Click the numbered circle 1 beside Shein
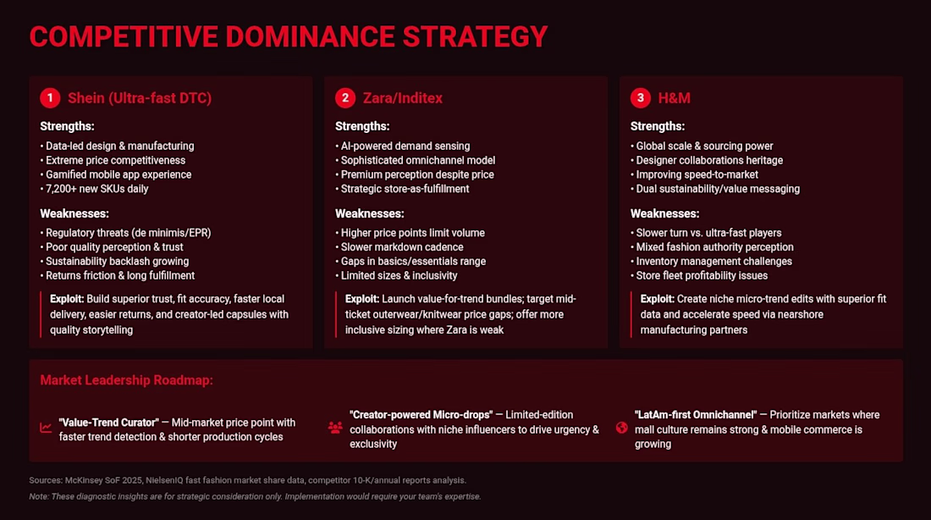tap(50, 98)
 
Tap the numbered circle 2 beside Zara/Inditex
tap(345, 98)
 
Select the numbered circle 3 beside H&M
tap(640, 98)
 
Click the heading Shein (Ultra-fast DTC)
tap(140, 98)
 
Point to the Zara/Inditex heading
tap(403, 98)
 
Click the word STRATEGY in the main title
tap(475, 37)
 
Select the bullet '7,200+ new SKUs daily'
tap(95, 189)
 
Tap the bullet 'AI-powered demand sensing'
tap(403, 147)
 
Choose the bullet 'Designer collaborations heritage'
tap(707, 160)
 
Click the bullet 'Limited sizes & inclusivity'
tap(397, 276)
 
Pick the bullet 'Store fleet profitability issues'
tap(699, 276)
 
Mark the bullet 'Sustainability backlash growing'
tap(114, 262)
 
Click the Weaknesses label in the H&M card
tap(664, 213)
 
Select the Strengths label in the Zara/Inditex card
tap(362, 126)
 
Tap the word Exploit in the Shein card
tap(67, 299)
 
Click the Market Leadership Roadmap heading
tap(126, 380)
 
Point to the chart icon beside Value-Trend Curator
tap(46, 428)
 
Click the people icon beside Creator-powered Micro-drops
tap(335, 428)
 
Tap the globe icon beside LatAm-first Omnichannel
tap(622, 428)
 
